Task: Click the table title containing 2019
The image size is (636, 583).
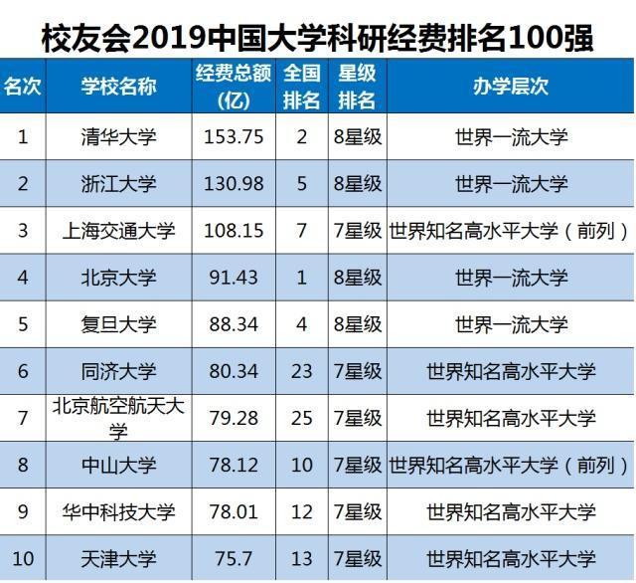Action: (x=318, y=38)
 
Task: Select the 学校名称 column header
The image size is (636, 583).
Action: (x=118, y=86)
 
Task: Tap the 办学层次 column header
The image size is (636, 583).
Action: (x=511, y=86)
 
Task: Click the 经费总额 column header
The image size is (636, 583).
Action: (x=234, y=86)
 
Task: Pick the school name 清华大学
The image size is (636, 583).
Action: (x=118, y=137)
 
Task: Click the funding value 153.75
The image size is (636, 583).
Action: (x=234, y=137)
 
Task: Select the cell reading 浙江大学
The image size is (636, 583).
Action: (x=118, y=184)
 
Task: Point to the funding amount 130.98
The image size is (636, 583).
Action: (x=234, y=184)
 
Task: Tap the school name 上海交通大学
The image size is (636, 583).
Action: (x=118, y=231)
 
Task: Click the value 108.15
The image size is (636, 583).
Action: (x=234, y=231)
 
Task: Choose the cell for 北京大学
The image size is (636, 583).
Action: (x=118, y=278)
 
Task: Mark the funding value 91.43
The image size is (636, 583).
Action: (x=234, y=278)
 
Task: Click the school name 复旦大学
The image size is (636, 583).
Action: (x=118, y=324)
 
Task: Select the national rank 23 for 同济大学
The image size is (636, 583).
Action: (x=303, y=371)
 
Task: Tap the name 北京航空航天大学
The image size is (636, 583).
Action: (x=118, y=418)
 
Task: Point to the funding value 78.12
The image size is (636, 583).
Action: (x=234, y=465)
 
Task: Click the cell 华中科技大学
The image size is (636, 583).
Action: (x=118, y=511)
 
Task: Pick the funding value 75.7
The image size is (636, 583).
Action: (x=234, y=558)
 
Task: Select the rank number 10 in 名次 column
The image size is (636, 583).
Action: (x=23, y=558)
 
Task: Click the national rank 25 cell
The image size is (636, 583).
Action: (x=303, y=418)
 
